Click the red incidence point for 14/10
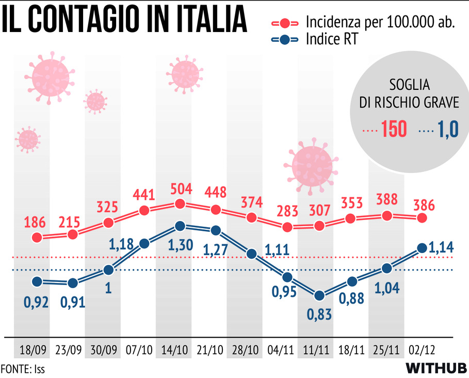pos(180,204)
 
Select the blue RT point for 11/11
pos(319,296)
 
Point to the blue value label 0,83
pos(320,314)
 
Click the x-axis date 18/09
pos(31,350)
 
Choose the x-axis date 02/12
pos(422,350)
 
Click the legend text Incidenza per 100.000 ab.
pos(380,22)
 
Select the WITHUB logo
pos(436,369)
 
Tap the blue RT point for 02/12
pos(422,248)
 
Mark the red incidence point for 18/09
pos(37,238)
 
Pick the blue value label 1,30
pos(180,244)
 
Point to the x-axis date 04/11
pos(282,350)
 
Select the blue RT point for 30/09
pos(108,270)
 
